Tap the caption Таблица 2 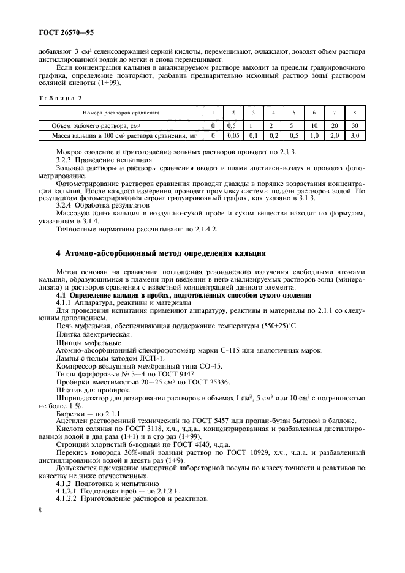(x=60, y=97)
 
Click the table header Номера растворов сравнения (x=121, y=113)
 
